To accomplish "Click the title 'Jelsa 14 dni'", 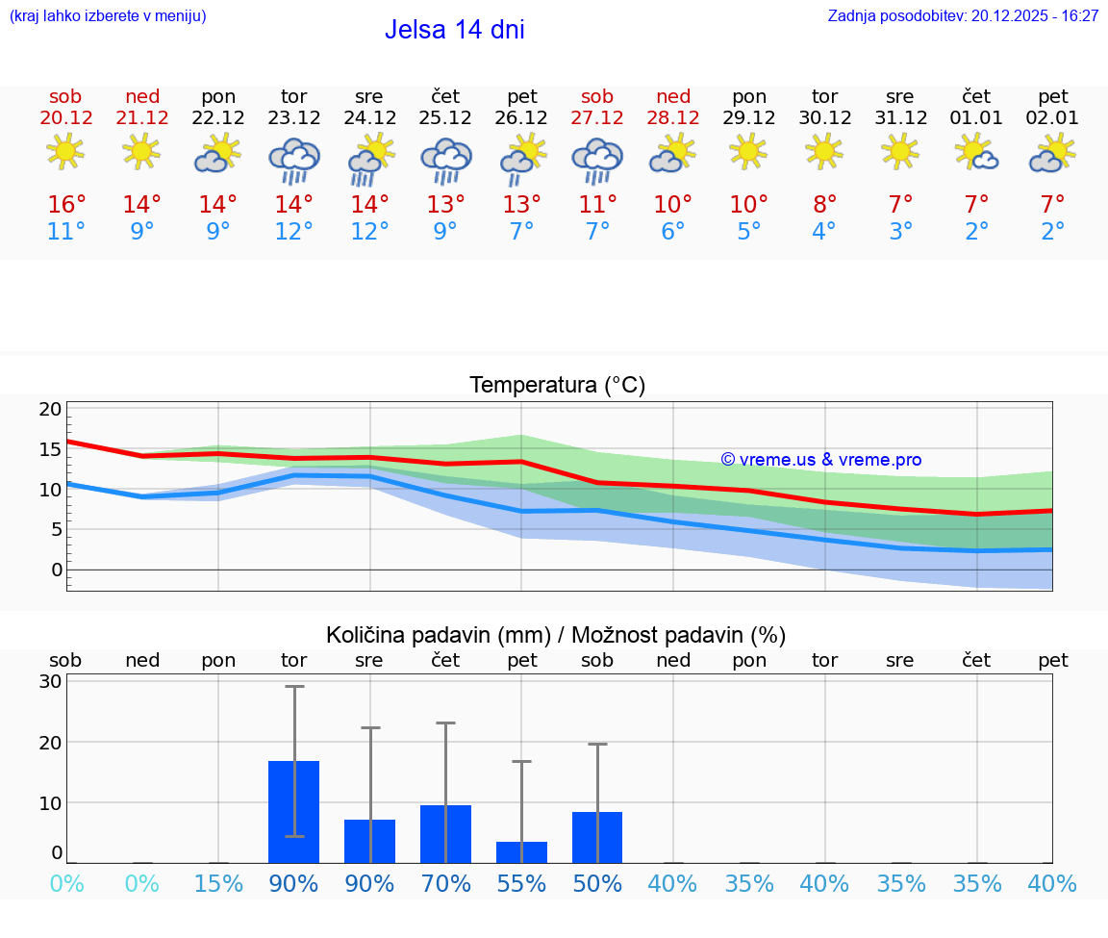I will [454, 30].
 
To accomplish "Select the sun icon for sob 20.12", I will [65, 152].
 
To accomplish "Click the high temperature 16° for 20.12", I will [66, 205].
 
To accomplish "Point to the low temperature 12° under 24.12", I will [369, 232].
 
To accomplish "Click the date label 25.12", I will [445, 118].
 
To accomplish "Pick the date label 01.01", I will [976, 118].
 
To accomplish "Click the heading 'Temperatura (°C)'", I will [557, 386].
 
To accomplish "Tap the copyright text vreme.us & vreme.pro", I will [820, 460].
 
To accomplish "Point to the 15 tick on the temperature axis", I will [50, 449].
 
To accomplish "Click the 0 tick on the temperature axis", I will [57, 570].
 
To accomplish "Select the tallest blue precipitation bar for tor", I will [293, 811].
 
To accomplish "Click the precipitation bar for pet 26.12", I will [521, 852].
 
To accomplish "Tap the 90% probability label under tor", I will [293, 883].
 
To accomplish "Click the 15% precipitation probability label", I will [218, 883].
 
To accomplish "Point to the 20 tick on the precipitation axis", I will [50, 742].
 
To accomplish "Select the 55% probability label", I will [521, 883].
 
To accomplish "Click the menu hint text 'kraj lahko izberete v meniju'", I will [108, 16].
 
